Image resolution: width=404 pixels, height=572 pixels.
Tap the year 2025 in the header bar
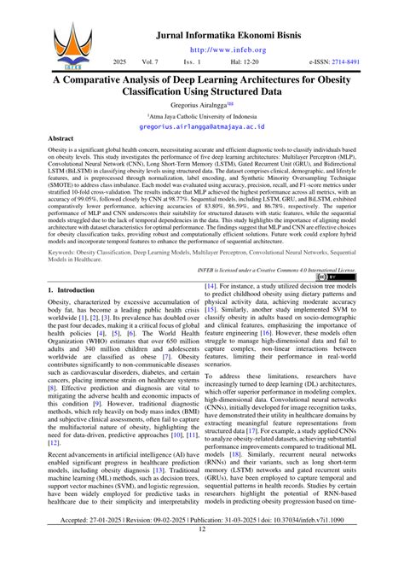[120, 62]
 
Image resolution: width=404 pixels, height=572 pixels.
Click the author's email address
[202, 125]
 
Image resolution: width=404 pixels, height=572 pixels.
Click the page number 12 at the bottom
[202, 553]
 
